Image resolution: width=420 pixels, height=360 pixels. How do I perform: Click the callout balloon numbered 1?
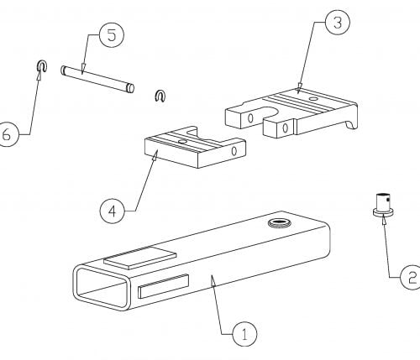click(x=244, y=334)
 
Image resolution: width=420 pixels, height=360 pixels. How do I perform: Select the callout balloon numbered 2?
click(x=411, y=277)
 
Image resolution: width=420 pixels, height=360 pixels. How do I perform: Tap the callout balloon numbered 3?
click(x=338, y=23)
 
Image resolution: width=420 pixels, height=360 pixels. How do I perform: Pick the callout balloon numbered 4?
click(x=112, y=211)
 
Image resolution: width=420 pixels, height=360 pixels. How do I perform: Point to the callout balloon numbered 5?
click(x=112, y=35)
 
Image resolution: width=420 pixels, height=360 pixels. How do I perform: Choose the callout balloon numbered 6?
click(x=8, y=134)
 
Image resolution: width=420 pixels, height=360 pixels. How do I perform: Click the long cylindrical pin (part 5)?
click(x=97, y=79)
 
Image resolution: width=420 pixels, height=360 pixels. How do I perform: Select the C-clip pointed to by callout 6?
click(x=42, y=65)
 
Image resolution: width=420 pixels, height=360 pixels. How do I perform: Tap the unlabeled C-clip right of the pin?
click(x=160, y=96)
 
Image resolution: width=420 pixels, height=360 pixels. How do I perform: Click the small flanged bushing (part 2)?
click(x=384, y=205)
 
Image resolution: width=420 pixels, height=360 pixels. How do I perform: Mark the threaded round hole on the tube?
click(x=280, y=223)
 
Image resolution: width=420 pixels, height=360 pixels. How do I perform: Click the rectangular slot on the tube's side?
click(x=163, y=286)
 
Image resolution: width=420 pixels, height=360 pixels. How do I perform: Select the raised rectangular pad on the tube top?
click(x=140, y=258)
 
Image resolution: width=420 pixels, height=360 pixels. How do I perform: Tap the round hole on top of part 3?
click(x=313, y=99)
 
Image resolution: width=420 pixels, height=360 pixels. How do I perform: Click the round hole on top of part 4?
click(x=183, y=142)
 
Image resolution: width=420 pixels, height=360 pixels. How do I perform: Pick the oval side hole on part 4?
click(x=234, y=151)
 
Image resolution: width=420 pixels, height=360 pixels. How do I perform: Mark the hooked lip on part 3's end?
click(x=352, y=123)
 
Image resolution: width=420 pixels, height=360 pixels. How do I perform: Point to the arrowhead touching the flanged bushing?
click(x=384, y=221)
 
